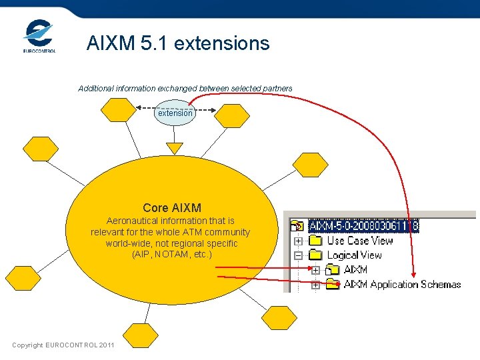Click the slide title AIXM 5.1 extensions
coord(178,43)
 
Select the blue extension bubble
coord(175,113)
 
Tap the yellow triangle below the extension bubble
coord(175,147)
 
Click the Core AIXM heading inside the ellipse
coord(171,208)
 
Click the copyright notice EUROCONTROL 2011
coord(63,345)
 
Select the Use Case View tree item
coord(359,241)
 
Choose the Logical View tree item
coord(354,255)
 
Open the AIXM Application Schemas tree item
coord(402,285)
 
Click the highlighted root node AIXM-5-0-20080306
coord(364,226)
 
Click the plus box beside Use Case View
coord(299,241)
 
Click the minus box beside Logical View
coord(299,255)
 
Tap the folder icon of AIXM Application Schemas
coord(332,285)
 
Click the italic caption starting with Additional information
coord(185,89)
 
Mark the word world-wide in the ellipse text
coord(127,243)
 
